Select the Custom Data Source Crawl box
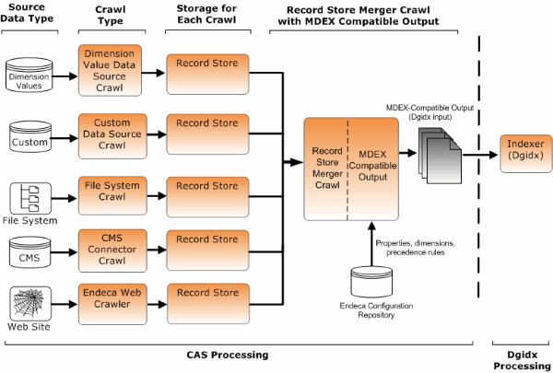point(112,133)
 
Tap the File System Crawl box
point(112,192)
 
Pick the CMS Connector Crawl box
point(112,246)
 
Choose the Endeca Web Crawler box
point(112,301)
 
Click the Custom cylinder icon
point(29,135)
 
